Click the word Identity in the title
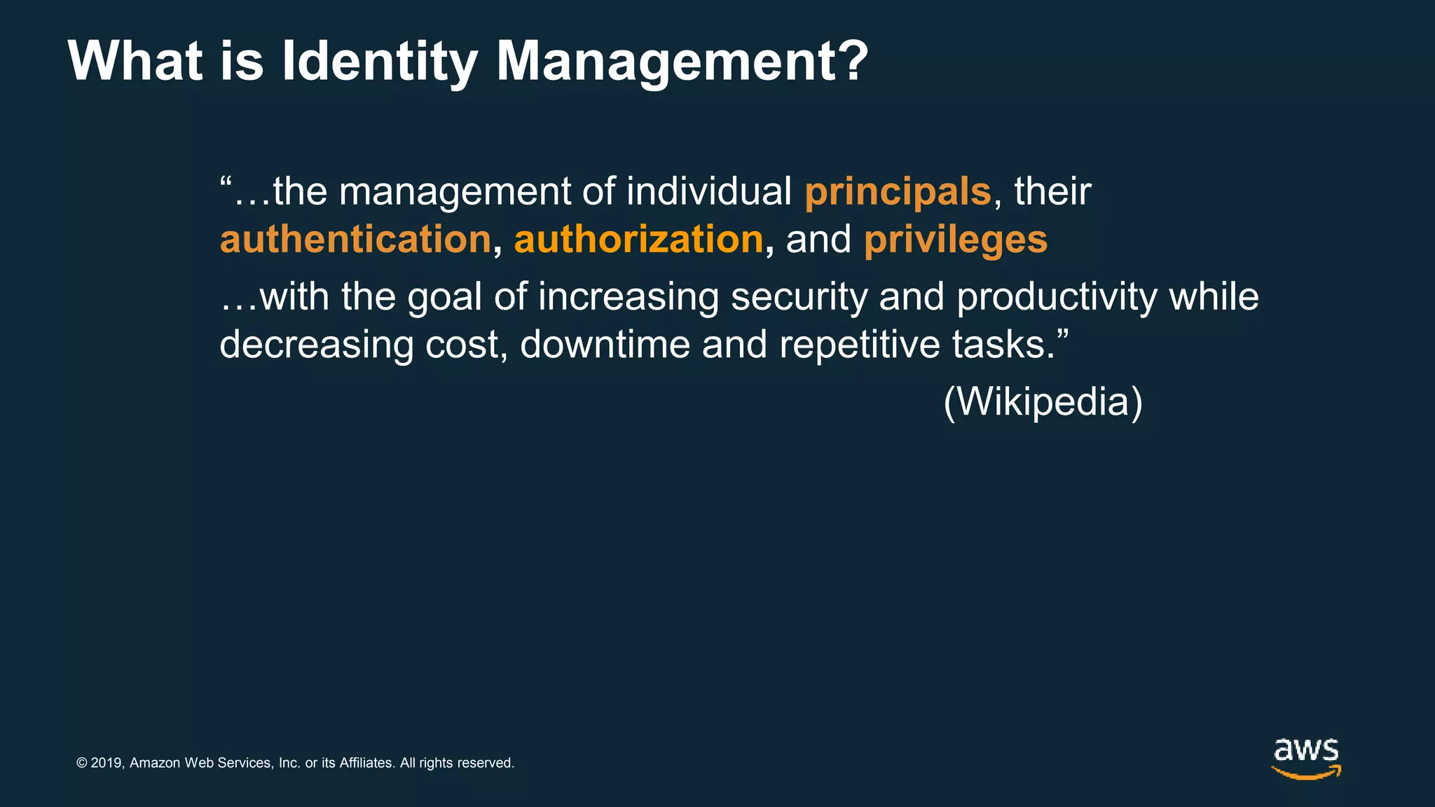379,62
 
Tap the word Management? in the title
682,62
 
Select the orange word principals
898,191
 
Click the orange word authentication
355,239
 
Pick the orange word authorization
638,239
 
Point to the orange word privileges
955,240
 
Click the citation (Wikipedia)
1043,401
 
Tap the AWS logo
1306,757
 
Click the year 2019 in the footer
107,763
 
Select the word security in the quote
799,297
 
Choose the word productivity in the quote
1057,297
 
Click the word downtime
605,345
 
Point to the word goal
444,297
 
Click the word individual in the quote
708,191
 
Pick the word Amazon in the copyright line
155,763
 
